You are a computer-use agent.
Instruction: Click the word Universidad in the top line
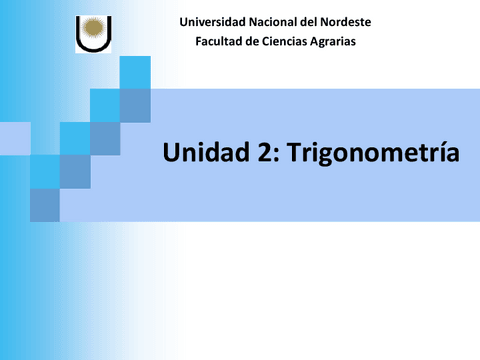pyautogui.click(x=211, y=22)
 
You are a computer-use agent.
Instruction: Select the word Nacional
pyautogui.click(x=277, y=22)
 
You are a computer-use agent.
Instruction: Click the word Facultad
pyautogui.click(x=221, y=41)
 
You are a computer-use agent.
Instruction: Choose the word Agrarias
pyautogui.click(x=333, y=41)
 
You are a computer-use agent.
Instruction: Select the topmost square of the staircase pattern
pyautogui.click(x=134, y=72)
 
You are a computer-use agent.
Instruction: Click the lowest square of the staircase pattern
pyautogui.click(x=45, y=205)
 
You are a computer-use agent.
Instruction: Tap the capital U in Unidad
pyautogui.click(x=171, y=153)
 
